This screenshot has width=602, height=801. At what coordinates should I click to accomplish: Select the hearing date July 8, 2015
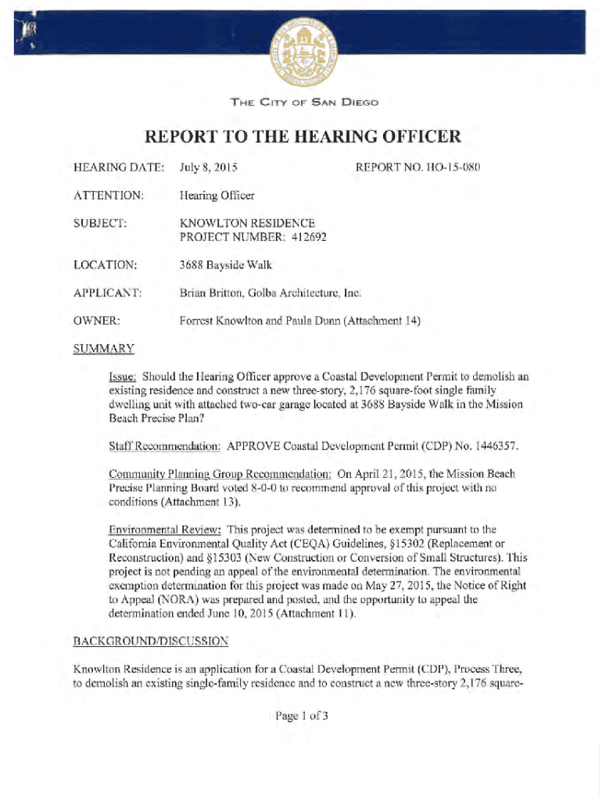coord(209,167)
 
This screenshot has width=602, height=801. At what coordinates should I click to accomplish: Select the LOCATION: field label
coord(106,265)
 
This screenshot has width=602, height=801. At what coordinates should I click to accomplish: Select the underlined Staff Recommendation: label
coord(165,446)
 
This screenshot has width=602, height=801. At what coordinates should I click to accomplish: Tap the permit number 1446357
coord(490,446)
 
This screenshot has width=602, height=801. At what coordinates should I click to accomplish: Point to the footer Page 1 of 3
coord(300,714)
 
